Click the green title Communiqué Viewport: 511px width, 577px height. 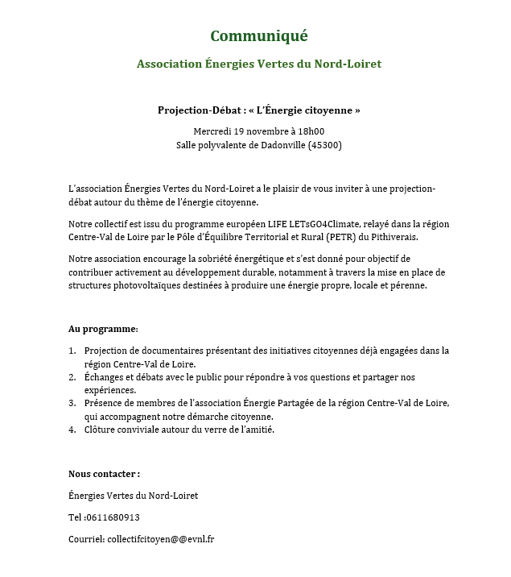tap(258, 36)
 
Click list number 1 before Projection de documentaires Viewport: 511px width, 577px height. tap(72, 351)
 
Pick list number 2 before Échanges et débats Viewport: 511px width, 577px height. tap(72, 377)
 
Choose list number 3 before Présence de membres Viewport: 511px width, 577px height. tap(72, 403)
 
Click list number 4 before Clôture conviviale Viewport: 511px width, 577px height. tap(72, 430)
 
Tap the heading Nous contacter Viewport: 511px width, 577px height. tap(105, 474)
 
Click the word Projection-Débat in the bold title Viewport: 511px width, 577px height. tap(197, 110)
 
